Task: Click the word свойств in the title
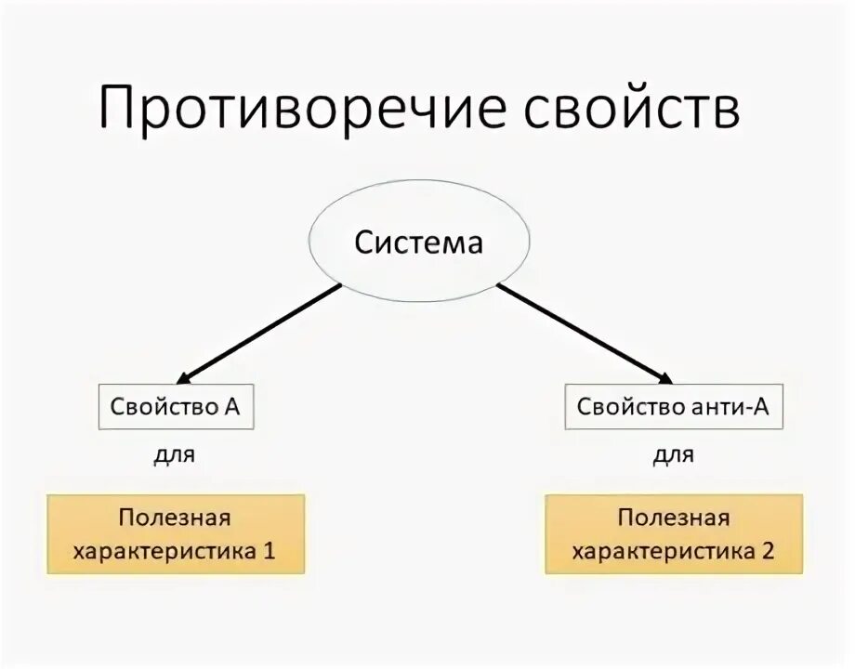coord(631,109)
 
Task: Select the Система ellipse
coord(419,243)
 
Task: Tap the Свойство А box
coord(176,407)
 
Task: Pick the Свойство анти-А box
coord(673,407)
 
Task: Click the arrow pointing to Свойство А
coord(260,334)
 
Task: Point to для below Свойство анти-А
coord(673,455)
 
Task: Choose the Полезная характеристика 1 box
coord(176,533)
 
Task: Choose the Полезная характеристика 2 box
coord(673,533)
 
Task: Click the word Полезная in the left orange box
coord(174,518)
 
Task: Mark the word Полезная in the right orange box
coord(674,518)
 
